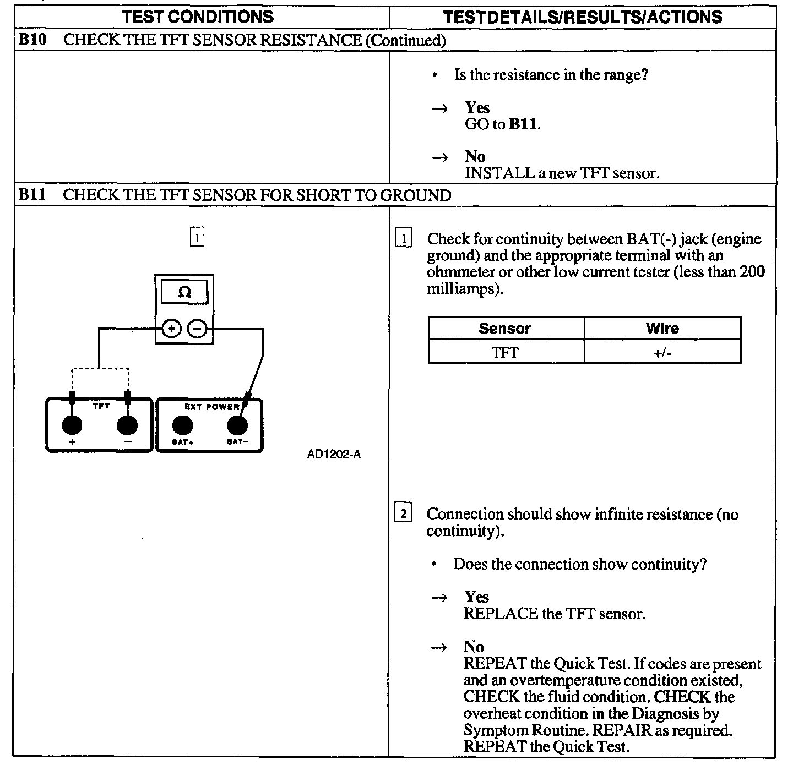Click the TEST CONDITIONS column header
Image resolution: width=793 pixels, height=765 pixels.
(198, 17)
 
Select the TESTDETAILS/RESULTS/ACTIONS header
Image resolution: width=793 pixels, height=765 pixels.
(583, 17)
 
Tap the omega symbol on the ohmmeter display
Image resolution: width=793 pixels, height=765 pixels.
(184, 292)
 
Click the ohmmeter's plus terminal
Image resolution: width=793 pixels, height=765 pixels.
(171, 329)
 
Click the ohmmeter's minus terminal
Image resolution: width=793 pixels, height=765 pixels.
(197, 329)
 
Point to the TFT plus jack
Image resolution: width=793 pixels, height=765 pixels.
(72, 425)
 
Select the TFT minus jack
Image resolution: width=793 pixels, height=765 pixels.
(128, 425)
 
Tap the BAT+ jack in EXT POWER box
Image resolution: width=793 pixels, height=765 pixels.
(182, 425)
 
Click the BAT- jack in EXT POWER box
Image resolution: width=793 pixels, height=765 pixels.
(237, 425)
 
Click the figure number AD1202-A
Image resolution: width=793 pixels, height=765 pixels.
(334, 455)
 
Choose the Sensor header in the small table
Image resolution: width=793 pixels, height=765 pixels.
(504, 329)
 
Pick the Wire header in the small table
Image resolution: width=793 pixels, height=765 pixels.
(662, 329)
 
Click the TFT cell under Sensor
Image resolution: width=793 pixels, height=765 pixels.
(504, 352)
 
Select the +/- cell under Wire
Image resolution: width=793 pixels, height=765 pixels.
(662, 352)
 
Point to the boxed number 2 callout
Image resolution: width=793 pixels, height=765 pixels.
(403, 514)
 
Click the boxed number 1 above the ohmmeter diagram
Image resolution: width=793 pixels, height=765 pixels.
(197, 237)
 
